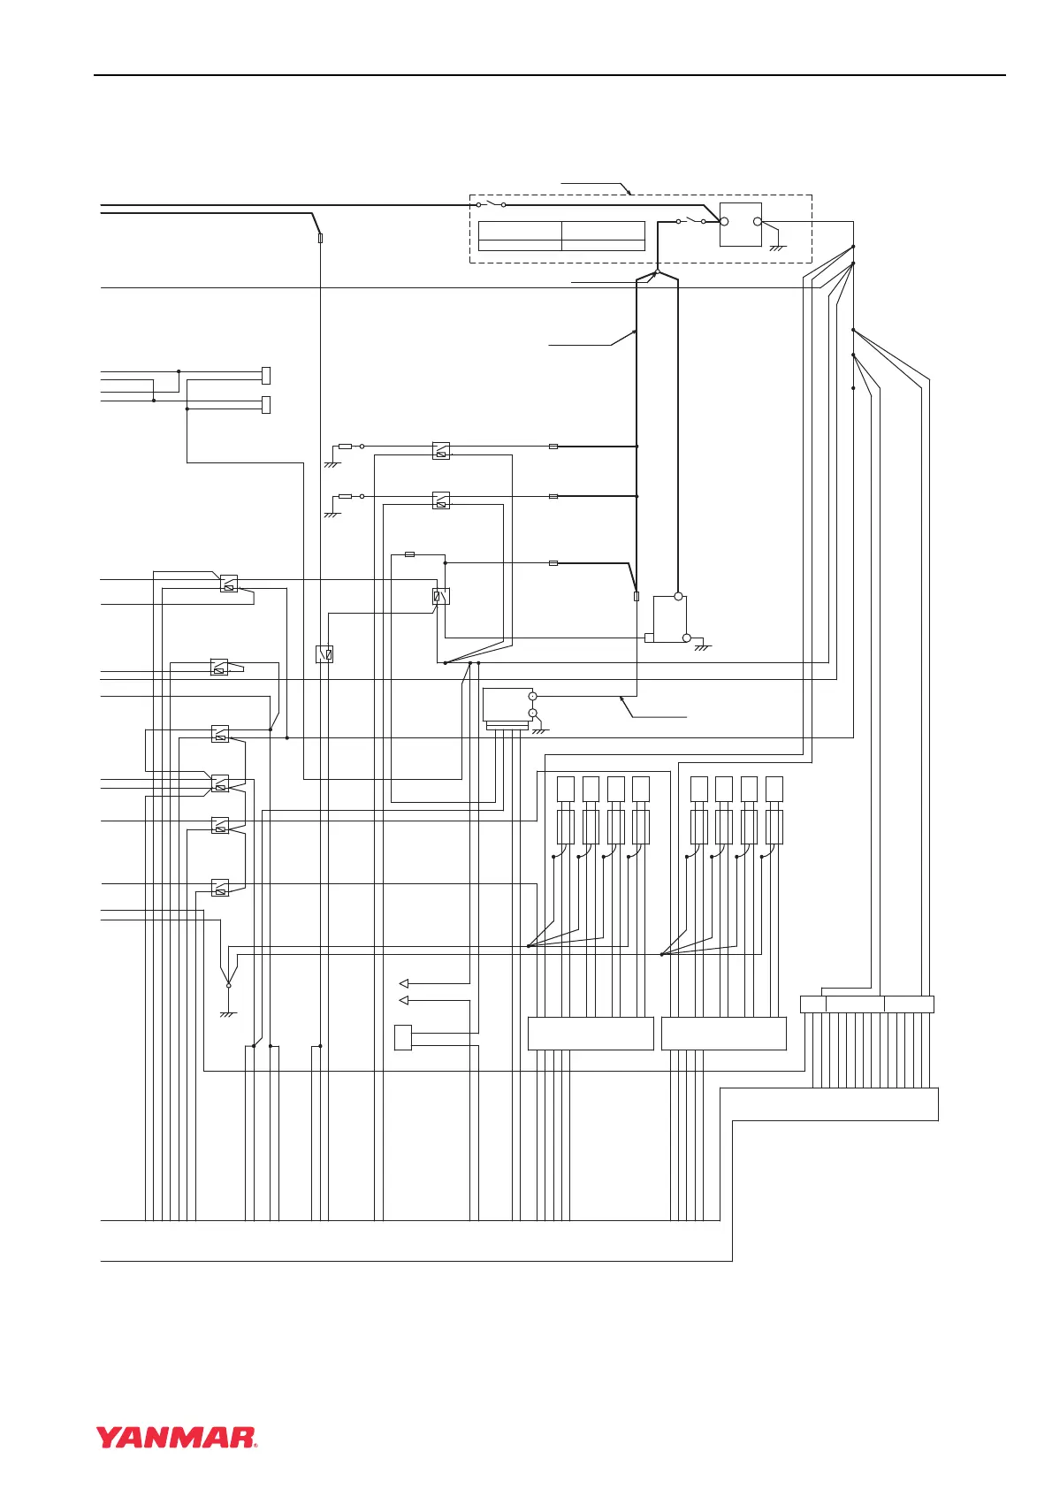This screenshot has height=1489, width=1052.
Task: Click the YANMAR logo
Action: tap(176, 1437)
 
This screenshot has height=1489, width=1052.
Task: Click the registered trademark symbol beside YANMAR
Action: tap(255, 1445)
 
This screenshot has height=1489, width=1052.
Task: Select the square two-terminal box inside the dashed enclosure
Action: tap(741, 224)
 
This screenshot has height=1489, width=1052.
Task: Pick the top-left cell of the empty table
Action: tap(520, 231)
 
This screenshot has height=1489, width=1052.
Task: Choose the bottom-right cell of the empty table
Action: tap(603, 245)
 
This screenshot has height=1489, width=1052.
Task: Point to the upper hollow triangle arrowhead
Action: tap(404, 983)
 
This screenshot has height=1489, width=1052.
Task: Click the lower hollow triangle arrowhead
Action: tap(404, 1000)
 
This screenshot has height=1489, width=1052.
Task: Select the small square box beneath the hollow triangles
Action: tap(403, 1037)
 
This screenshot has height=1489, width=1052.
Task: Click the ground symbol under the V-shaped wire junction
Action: tap(228, 1014)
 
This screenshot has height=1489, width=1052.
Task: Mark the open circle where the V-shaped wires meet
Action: tap(228, 985)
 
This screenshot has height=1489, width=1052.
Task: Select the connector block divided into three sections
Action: tap(866, 1004)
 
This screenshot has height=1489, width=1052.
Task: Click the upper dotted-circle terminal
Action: tap(533, 697)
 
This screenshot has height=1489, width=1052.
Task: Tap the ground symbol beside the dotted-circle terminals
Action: tap(540, 731)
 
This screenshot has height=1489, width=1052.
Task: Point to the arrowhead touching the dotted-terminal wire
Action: tap(623, 699)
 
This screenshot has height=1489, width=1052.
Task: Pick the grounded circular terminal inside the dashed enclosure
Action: tap(758, 221)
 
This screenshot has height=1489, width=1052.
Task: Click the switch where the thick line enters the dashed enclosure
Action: tap(491, 204)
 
